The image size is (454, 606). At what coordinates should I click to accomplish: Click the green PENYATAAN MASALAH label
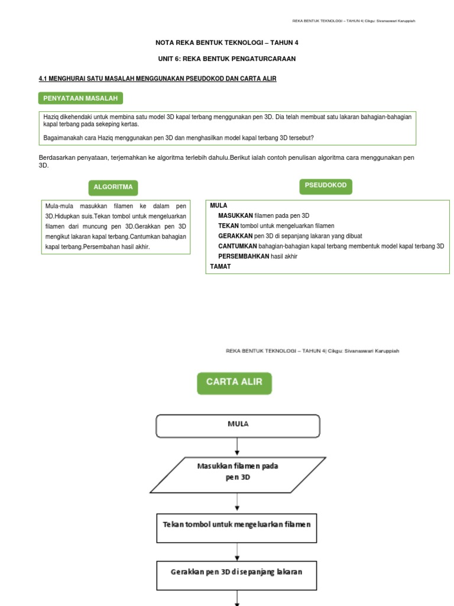click(x=80, y=98)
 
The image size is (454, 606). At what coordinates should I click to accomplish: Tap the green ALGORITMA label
click(x=113, y=188)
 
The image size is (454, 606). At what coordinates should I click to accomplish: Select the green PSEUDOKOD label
click(x=325, y=186)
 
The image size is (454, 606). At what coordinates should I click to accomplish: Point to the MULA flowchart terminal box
click(x=238, y=424)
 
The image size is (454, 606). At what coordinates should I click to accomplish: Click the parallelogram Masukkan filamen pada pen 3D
click(x=238, y=471)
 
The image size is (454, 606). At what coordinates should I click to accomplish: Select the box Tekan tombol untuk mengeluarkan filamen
click(x=237, y=526)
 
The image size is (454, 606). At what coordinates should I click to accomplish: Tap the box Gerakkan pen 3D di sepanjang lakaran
click(x=237, y=572)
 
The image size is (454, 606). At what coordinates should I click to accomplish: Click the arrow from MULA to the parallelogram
click(x=237, y=446)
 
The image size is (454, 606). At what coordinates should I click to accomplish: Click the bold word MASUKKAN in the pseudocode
click(x=235, y=216)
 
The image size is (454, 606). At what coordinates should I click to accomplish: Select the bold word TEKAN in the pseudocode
click(x=228, y=226)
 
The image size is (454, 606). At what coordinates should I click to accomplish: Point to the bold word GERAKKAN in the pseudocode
click(x=235, y=236)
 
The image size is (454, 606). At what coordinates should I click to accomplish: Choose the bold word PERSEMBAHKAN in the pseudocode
click(x=244, y=256)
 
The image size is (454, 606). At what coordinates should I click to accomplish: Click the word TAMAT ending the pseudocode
click(x=220, y=267)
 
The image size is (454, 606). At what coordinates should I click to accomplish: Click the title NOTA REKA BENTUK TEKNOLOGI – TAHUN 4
click(x=226, y=43)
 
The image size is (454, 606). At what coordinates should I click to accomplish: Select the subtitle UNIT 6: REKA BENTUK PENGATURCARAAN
click(x=226, y=59)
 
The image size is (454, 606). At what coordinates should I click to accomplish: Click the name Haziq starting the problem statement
click(x=51, y=117)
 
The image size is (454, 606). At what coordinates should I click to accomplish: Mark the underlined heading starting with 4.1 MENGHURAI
click(x=158, y=79)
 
